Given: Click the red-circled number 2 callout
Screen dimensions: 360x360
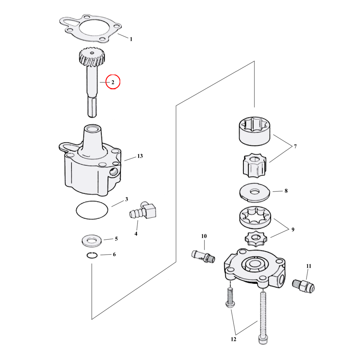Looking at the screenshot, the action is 113,82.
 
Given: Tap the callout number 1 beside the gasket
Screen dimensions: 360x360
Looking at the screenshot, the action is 131,39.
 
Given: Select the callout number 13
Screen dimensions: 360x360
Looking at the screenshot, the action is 140,156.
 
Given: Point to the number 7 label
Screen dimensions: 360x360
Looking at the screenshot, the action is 295,146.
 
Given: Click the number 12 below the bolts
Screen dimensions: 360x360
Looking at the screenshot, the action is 234,339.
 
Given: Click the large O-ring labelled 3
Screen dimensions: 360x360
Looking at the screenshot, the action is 92,210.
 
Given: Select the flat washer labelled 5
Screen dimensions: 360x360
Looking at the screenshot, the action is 91,241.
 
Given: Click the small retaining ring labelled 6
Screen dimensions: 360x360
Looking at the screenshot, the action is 92,255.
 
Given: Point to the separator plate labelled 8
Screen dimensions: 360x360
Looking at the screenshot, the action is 255,192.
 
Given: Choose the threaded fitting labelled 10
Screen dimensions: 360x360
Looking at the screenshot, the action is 203,256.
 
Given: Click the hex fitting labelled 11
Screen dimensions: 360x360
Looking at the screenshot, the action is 303,286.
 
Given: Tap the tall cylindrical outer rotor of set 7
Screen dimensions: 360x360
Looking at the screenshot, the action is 255,131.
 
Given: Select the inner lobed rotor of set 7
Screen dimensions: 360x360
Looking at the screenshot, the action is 255,165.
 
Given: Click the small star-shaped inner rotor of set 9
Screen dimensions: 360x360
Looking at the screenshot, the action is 256,239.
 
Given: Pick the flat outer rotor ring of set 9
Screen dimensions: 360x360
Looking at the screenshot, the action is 255,217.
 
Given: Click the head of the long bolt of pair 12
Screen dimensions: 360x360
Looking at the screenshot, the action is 263,339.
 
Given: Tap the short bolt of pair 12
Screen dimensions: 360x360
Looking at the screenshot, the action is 230,297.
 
